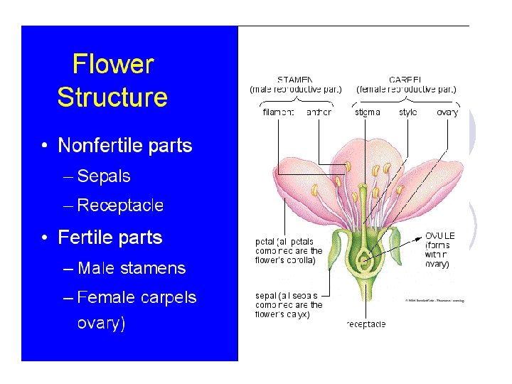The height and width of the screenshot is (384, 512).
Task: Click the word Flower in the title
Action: pos(112,65)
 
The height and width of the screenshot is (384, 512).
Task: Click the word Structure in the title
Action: pos(112,97)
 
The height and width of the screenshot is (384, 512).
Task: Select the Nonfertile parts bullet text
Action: pos(124,146)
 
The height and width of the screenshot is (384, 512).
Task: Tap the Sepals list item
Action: pos(104,175)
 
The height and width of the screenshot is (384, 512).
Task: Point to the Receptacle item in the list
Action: pos(120,206)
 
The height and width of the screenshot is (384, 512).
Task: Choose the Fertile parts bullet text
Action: pos(110,238)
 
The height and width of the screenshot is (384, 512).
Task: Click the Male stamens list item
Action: pos(132,268)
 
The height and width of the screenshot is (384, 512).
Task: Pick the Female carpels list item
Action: pos(137,297)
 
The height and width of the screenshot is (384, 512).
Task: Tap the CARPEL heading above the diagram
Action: pos(406,80)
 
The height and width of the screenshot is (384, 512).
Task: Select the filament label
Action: pos(279,112)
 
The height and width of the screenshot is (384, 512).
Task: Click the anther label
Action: pos(319,112)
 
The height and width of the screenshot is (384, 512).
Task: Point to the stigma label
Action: pos(367,112)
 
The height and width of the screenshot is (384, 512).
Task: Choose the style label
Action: pos(408,112)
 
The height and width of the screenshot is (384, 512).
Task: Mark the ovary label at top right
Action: pos(447,112)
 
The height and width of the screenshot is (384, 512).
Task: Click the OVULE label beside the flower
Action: pos(439,236)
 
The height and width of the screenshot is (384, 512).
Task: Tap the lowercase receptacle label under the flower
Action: pos(366,324)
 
